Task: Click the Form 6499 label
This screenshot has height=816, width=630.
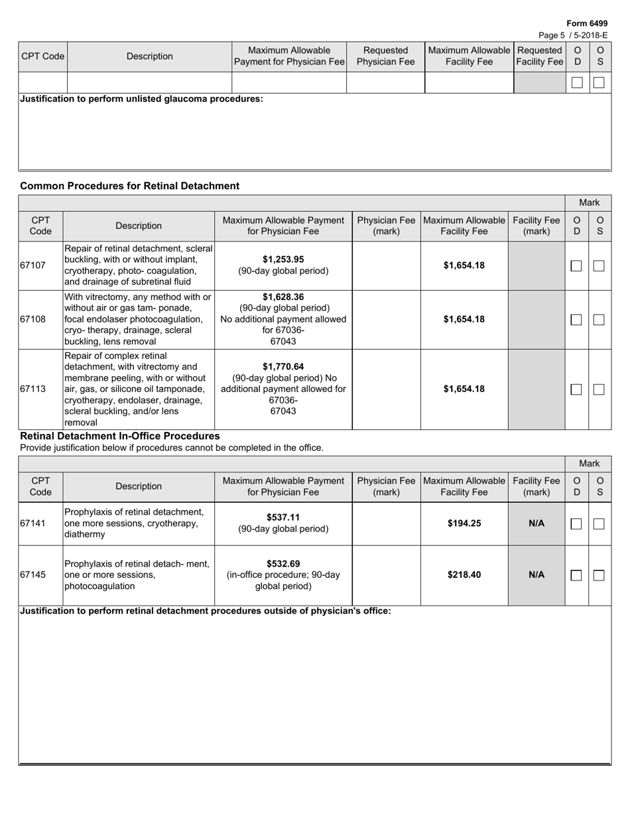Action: (x=587, y=23)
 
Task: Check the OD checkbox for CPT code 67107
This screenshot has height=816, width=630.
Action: (x=576, y=265)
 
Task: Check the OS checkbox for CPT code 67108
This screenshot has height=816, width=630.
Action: (x=599, y=319)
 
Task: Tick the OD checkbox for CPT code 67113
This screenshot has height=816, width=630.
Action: (x=576, y=389)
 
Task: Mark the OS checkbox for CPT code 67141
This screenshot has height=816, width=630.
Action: (x=599, y=523)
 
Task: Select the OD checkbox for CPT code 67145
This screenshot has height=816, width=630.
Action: (x=576, y=575)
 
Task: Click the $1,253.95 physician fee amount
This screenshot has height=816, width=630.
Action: (x=283, y=259)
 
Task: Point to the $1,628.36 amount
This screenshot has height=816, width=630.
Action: (x=283, y=297)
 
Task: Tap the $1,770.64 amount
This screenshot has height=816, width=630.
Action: (x=283, y=366)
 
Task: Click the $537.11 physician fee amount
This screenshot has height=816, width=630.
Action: (x=283, y=517)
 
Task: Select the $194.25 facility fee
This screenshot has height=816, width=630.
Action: (x=464, y=523)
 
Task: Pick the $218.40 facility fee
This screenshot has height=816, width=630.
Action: (x=464, y=575)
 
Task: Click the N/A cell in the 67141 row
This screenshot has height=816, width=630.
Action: (x=536, y=523)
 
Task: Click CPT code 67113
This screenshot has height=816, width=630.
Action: (x=33, y=389)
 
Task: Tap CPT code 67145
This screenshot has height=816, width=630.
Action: (x=33, y=575)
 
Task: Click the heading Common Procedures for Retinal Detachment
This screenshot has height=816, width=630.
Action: (x=130, y=186)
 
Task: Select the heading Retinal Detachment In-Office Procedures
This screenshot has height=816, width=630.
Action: (x=120, y=436)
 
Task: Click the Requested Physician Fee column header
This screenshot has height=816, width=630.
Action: (x=385, y=56)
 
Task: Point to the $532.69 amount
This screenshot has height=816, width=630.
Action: (x=283, y=564)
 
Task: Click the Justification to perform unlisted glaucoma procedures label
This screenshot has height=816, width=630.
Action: (x=141, y=99)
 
